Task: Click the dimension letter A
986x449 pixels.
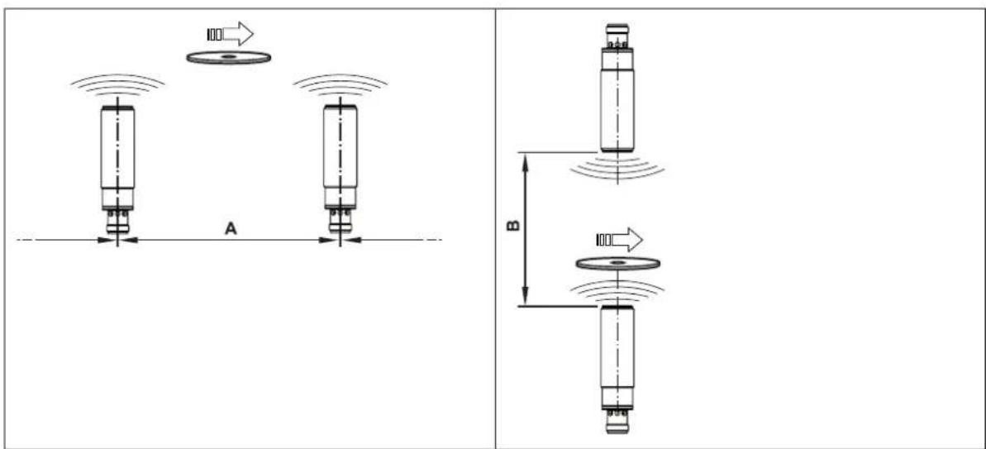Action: click(231, 230)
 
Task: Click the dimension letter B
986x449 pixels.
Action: click(513, 225)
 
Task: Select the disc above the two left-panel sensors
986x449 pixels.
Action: click(229, 57)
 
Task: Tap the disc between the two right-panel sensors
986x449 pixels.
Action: click(617, 262)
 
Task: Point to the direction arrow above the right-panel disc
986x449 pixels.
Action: click(619, 240)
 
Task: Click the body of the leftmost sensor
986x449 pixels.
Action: click(117, 157)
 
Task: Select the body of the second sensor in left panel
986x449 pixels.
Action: click(341, 157)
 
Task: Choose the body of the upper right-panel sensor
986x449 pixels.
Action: click(617, 101)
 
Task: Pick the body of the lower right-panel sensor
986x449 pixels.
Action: click(617, 357)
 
